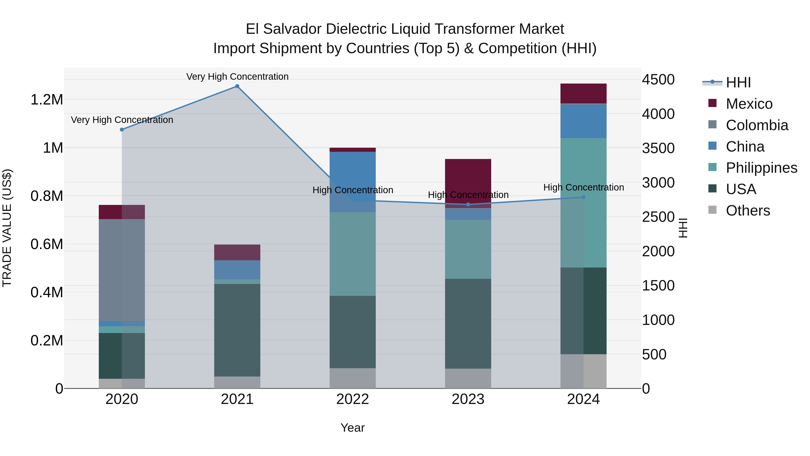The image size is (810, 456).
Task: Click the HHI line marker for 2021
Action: [x=237, y=86]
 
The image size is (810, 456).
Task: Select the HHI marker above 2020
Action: [x=122, y=130]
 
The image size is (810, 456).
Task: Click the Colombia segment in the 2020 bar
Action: [x=122, y=270]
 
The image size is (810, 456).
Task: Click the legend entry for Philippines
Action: [x=761, y=168]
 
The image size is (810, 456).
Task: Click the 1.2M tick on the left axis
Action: [x=47, y=100]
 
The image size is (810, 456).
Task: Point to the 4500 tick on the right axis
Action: [x=658, y=80]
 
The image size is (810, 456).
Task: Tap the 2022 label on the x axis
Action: [x=353, y=399]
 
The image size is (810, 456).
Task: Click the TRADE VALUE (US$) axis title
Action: [x=7, y=228]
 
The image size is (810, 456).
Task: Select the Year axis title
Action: [x=353, y=428]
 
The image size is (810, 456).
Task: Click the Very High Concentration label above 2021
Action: [x=237, y=77]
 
